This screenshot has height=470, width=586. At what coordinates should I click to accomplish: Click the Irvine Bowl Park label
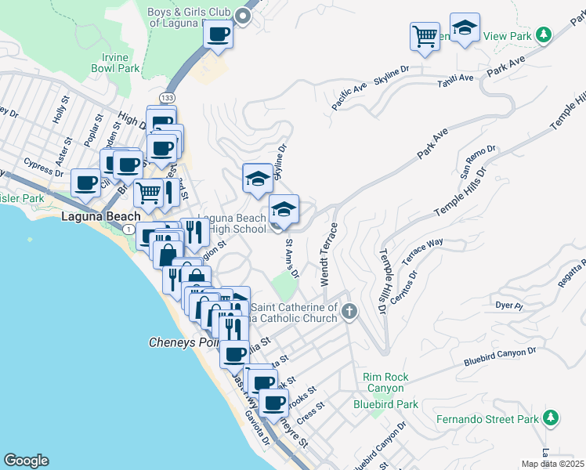tap(121, 63)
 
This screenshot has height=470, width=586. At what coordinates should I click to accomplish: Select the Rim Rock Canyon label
tap(384, 382)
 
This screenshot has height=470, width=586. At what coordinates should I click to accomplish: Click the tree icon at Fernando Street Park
tap(551, 418)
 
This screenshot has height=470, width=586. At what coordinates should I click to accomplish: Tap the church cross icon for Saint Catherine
tap(349, 313)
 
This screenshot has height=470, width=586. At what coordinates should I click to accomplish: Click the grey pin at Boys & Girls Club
tap(244, 16)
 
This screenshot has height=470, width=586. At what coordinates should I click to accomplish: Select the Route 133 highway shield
tap(166, 97)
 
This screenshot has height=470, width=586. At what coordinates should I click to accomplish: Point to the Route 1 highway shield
tap(127, 228)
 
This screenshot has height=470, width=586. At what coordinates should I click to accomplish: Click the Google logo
tap(26, 460)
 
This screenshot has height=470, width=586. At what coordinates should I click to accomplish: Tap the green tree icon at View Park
tap(542, 34)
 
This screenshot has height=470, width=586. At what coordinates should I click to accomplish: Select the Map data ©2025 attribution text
tap(553, 464)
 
